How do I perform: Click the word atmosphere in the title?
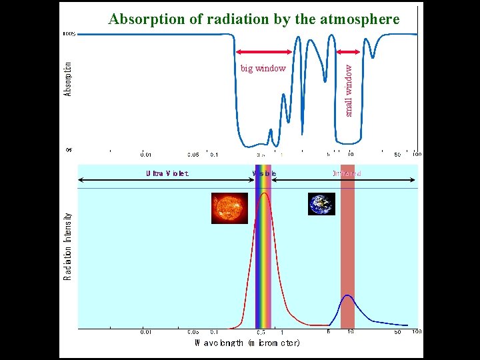pos(361,19)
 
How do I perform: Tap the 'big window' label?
pos(263,68)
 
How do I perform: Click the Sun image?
pos(229,208)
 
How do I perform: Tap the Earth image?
pos(321,204)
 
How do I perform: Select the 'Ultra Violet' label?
pos(167,173)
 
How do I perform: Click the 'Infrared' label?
pos(347,173)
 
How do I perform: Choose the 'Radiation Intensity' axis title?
pos(68,247)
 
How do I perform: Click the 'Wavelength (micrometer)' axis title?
pos(247,343)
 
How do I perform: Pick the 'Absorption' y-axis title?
pos(68,79)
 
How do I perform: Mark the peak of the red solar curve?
pos(263,193)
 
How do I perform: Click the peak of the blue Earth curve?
pos(347,295)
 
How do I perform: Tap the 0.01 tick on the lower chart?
pos(145,331)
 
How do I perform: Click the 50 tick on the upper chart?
pos(397,154)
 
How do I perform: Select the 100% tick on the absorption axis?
pos(69,33)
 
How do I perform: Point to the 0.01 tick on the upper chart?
pos(145,154)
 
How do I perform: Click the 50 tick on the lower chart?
pos(397,331)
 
